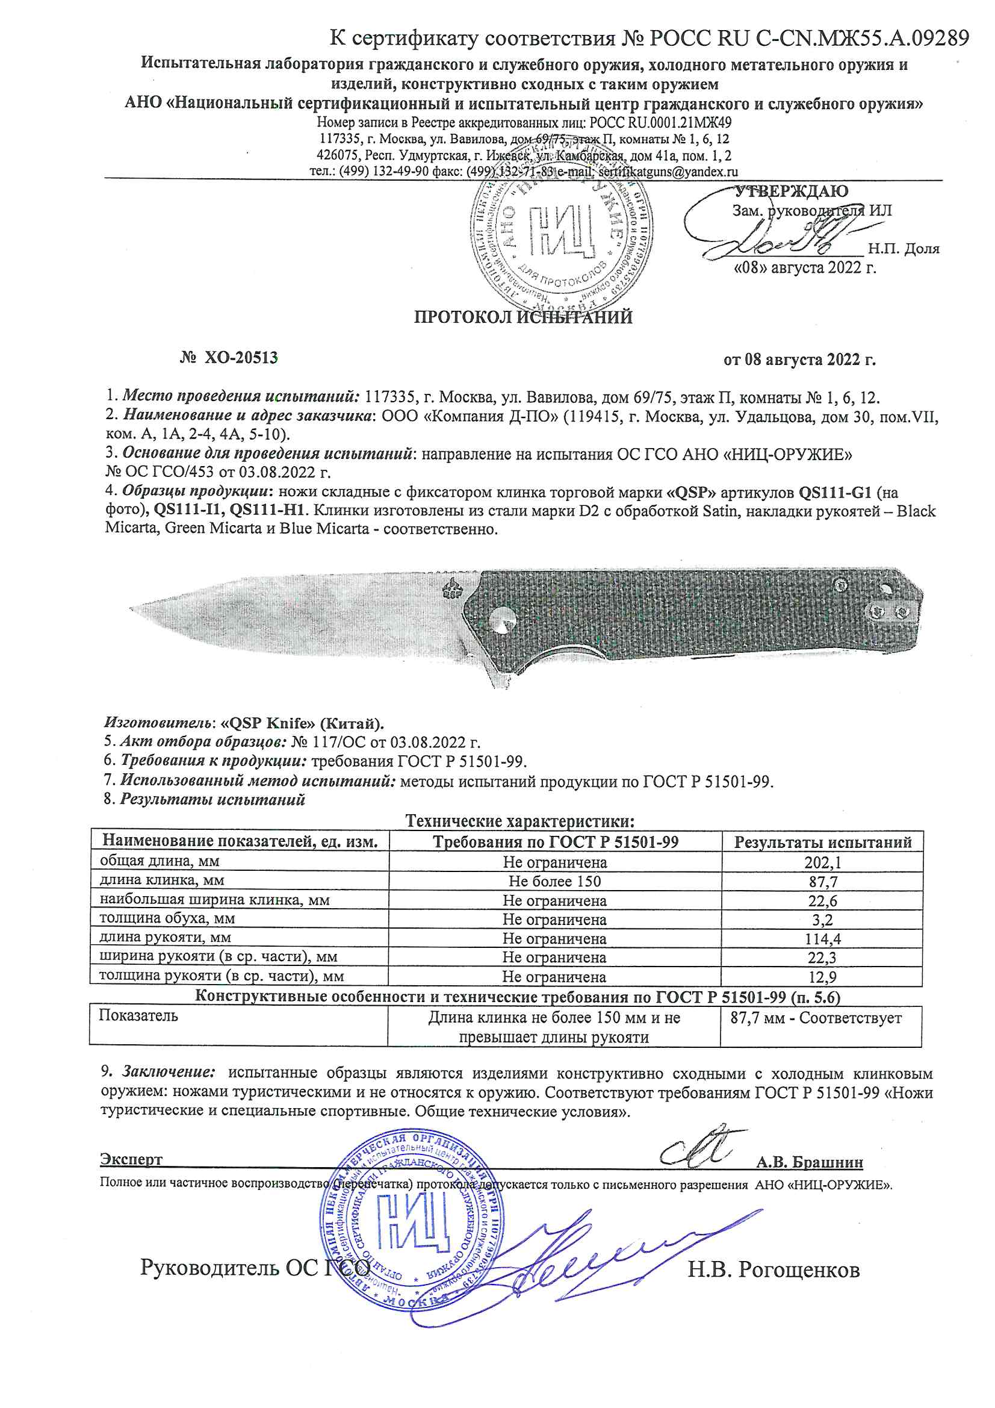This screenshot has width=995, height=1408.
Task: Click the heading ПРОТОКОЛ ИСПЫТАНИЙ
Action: [522, 317]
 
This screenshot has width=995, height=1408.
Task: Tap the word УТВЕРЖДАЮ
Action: [791, 191]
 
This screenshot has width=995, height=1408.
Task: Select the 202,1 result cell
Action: [823, 862]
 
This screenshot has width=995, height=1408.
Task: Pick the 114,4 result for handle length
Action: [823, 938]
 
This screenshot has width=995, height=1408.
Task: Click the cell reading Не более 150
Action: [555, 881]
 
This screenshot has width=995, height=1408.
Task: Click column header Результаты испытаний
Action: [823, 842]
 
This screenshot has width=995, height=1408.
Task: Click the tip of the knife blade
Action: [132, 608]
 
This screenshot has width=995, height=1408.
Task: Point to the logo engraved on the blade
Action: [453, 590]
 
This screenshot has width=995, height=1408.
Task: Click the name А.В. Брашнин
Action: [809, 1162]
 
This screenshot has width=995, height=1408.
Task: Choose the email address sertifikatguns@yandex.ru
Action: [668, 172]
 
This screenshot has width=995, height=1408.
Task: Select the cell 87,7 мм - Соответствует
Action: [816, 1018]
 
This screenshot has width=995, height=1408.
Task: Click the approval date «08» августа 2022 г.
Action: [805, 267]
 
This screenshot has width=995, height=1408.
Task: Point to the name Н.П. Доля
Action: [903, 249]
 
